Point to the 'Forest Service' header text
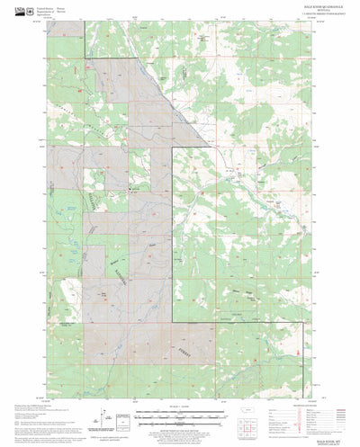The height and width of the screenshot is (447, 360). point(87,9)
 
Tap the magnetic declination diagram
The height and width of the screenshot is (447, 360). point(120,416)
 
